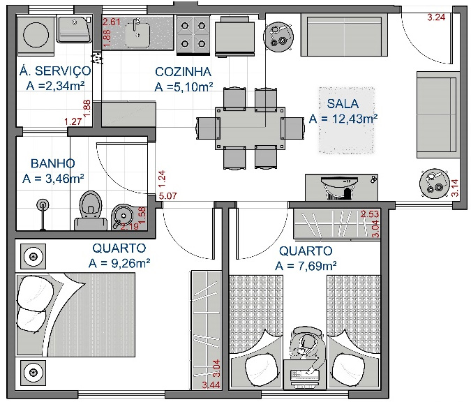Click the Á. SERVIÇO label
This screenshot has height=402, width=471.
point(54,70)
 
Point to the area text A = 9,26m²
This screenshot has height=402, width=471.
point(120,263)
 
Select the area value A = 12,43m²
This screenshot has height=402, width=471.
point(343,119)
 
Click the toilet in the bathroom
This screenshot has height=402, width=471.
point(89,205)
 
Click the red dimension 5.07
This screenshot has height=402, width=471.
point(167,198)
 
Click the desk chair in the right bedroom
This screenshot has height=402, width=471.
point(306,341)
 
